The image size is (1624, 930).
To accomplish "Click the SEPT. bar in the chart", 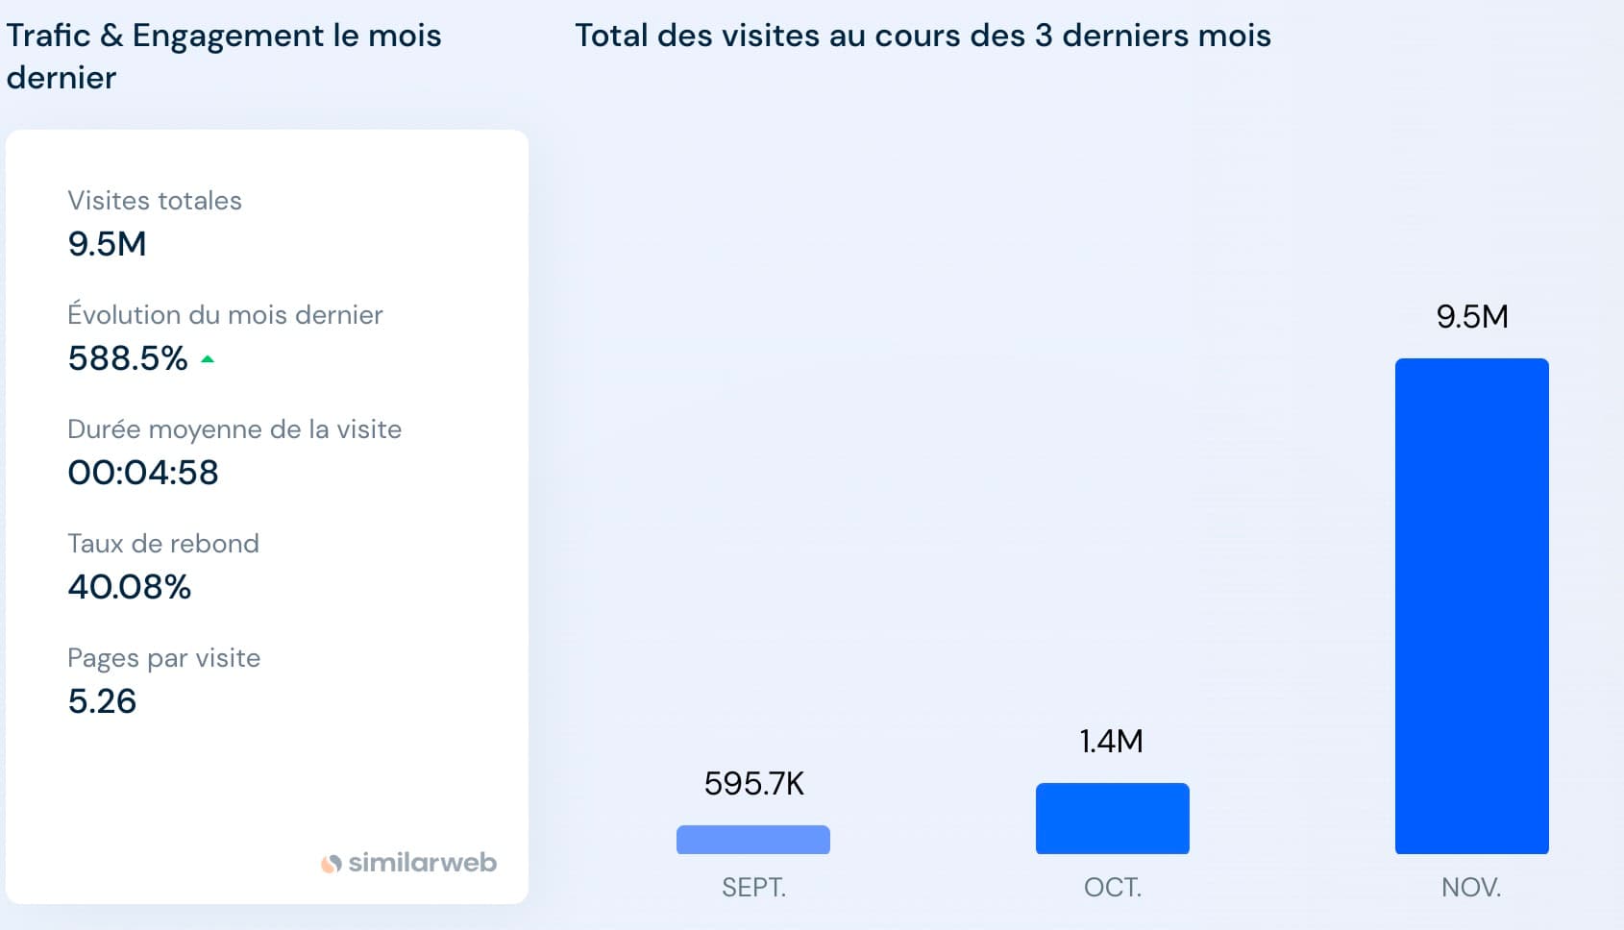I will tap(753, 840).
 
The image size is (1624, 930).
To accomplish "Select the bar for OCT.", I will tap(1112, 819).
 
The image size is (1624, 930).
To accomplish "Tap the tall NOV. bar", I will tap(1471, 605).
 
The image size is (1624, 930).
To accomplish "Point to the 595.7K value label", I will tap(753, 784).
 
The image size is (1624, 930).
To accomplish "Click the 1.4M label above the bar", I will tap(1112, 742).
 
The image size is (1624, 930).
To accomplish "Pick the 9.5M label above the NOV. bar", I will tap(1471, 317).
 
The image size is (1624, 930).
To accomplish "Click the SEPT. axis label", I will tap(753, 887).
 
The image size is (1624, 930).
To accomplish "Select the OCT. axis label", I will tap(1112, 887).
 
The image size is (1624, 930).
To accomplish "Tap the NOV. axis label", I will tap(1471, 887).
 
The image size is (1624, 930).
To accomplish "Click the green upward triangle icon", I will tap(208, 359).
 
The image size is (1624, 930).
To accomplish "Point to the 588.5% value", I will tap(128, 358).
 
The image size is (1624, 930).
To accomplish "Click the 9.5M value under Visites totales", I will tap(107, 244).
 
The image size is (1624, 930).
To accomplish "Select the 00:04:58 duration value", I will tap(143, 473).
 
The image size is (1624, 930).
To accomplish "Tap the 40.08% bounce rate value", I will tap(130, 587).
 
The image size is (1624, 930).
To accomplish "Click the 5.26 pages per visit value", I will tap(102, 701).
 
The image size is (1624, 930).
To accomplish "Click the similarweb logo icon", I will tap(332, 864).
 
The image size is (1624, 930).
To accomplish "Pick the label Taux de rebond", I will tap(163, 544).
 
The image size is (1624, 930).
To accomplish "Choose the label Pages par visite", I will tap(164, 658).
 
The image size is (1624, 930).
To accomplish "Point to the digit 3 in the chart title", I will tap(1044, 36).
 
